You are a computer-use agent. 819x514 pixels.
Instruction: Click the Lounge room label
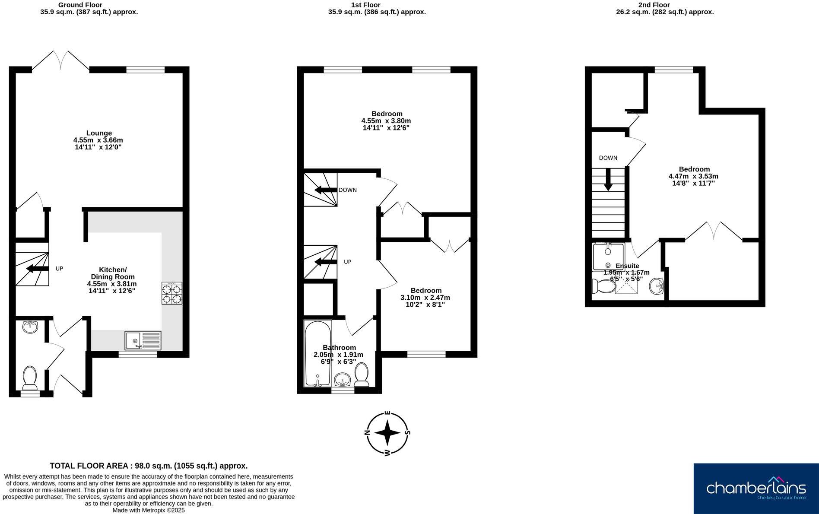pos(99,133)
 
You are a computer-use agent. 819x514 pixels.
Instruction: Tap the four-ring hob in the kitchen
pos(172,293)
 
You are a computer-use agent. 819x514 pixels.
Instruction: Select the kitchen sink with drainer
pos(143,340)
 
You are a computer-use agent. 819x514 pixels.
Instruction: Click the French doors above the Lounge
pos(61,60)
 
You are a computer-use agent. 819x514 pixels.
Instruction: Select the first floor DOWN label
pos(347,190)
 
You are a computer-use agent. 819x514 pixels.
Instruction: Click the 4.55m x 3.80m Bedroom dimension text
pos(386,121)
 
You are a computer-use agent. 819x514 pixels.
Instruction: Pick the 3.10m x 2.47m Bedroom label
pos(425,291)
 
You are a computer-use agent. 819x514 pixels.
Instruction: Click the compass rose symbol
pos(387,433)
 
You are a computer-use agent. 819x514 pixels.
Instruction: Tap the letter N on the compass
pos(367,432)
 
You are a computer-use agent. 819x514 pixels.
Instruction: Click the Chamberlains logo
pos(756,489)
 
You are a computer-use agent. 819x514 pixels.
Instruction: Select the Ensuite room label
pos(627,266)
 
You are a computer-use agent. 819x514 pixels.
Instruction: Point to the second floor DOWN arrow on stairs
pos(608,179)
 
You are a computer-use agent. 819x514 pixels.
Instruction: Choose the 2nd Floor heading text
pos(654,5)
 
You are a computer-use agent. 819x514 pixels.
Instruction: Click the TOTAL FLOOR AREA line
pos(149,466)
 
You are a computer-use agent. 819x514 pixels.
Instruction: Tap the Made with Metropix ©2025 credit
pos(149,510)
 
